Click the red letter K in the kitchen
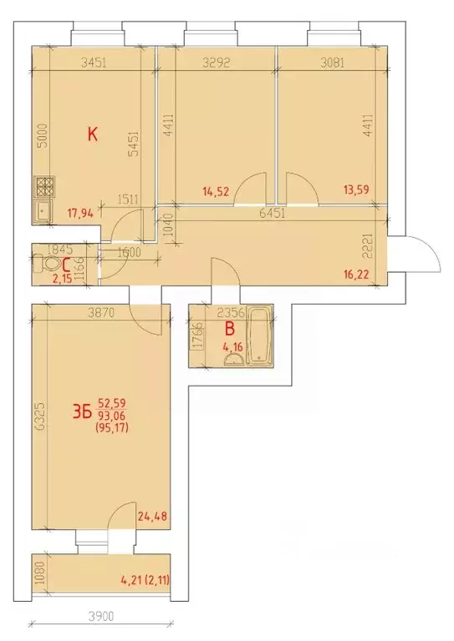tap(94, 133)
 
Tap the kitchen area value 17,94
tap(79, 213)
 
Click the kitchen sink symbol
tap(42, 209)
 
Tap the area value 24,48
tap(154, 515)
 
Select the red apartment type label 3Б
tap(81, 410)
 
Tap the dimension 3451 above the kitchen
tap(97, 60)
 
